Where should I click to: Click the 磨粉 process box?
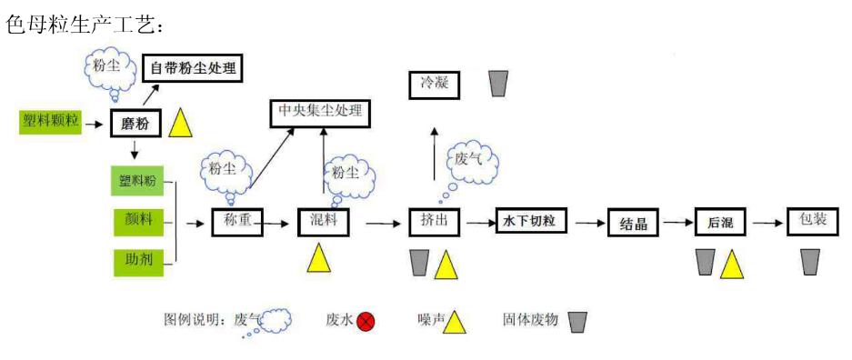click(135, 122)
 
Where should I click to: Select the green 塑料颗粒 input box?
click(50, 121)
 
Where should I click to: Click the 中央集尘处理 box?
click(322, 113)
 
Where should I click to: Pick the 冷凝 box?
click(434, 85)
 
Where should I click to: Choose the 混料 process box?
click(323, 222)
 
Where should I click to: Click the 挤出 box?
click(435, 222)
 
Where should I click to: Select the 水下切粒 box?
click(531, 221)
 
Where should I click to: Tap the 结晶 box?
click(633, 223)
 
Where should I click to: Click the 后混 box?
click(720, 222)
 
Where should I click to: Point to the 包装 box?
click(811, 222)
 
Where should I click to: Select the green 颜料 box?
click(137, 221)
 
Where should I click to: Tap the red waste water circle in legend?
click(366, 321)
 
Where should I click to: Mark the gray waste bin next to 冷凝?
click(497, 84)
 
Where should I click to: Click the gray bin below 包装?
click(810, 262)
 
